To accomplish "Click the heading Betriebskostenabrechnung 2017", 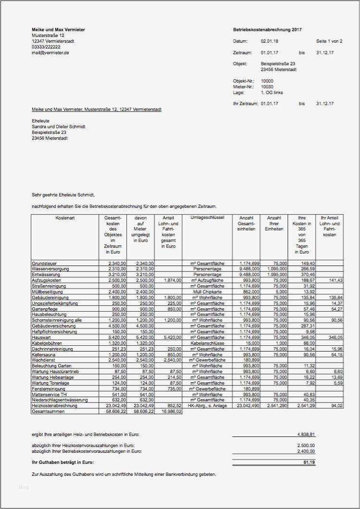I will [267, 30].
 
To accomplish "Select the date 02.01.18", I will [269, 41].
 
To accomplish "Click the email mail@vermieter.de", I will [50, 53].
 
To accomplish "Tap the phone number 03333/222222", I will [46, 47].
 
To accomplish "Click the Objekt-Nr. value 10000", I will [267, 81].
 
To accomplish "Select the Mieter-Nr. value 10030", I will [267, 87].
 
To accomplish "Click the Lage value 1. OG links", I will [273, 92].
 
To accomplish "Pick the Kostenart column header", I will [65, 218].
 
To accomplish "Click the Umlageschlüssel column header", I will [207, 218].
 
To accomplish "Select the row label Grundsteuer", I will [44, 263].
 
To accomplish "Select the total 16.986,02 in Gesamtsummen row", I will [171, 412].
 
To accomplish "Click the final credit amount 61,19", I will [309, 462].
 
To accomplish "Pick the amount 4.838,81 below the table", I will [306, 435].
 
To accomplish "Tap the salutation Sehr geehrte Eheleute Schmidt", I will [63, 195].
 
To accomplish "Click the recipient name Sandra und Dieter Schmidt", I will [58, 127].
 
